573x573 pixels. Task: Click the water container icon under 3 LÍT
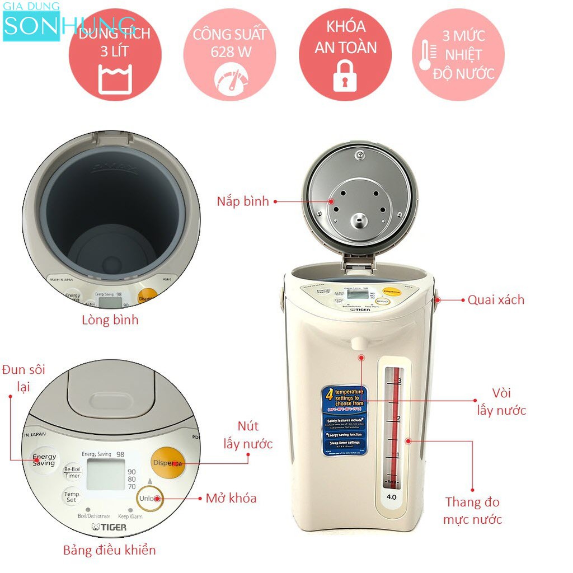point(115,79)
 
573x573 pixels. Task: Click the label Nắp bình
point(243,201)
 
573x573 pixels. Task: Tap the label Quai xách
point(496,300)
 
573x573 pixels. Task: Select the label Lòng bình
point(110,321)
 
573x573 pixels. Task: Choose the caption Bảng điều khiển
point(109,550)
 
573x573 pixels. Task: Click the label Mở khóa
point(231,498)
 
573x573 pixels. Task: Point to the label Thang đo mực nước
point(473,510)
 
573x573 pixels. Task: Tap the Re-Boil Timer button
point(73,472)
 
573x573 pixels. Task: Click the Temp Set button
point(71,497)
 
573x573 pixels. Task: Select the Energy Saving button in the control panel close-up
point(44,460)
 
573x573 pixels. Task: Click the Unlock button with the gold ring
point(150,498)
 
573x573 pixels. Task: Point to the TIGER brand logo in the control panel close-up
point(109,527)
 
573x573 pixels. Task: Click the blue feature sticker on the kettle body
point(345,420)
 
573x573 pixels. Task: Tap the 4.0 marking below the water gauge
point(391,496)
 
